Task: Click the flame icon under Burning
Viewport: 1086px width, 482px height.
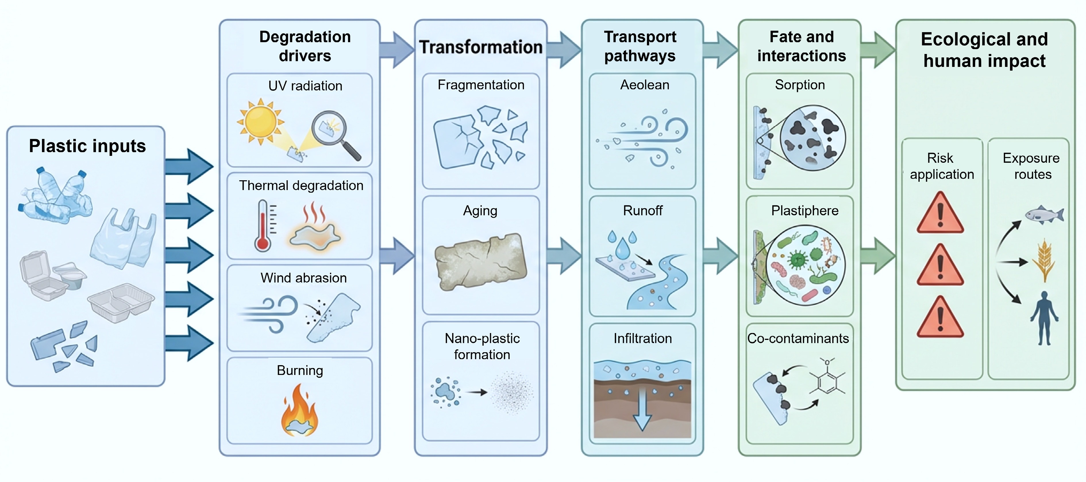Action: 299,410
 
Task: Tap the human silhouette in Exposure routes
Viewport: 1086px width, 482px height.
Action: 1044,318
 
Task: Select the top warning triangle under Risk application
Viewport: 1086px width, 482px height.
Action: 940,212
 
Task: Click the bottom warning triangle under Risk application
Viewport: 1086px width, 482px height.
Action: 940,317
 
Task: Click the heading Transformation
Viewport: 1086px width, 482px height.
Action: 481,47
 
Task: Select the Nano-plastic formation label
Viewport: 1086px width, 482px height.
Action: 482,346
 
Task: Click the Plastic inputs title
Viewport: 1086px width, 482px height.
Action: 87,146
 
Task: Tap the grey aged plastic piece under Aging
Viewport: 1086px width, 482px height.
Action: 481,262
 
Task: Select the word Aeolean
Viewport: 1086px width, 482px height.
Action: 645,85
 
